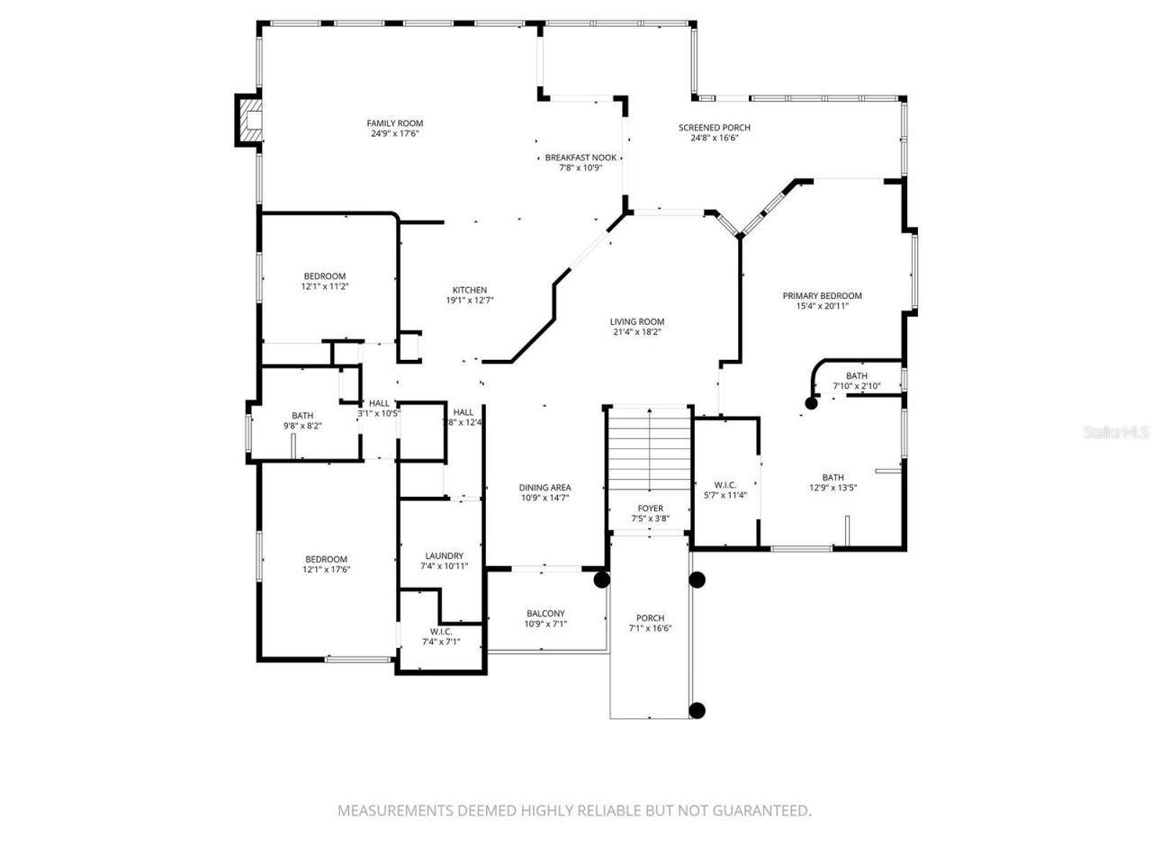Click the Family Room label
394,123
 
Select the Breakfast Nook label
580,157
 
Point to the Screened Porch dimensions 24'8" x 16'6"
715,139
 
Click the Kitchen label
469,290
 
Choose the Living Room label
637,321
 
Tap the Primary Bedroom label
822,295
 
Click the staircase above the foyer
648,450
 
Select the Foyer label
650,508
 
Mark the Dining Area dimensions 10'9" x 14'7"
544,498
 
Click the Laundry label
444,555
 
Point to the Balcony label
545,614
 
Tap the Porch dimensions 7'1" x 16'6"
650,629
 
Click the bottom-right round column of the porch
697,710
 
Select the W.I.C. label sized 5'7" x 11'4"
724,484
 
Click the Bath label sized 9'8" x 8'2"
302,415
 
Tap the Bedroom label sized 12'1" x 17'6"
325,559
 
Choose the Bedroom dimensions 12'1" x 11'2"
325,286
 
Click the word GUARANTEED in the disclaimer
760,811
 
